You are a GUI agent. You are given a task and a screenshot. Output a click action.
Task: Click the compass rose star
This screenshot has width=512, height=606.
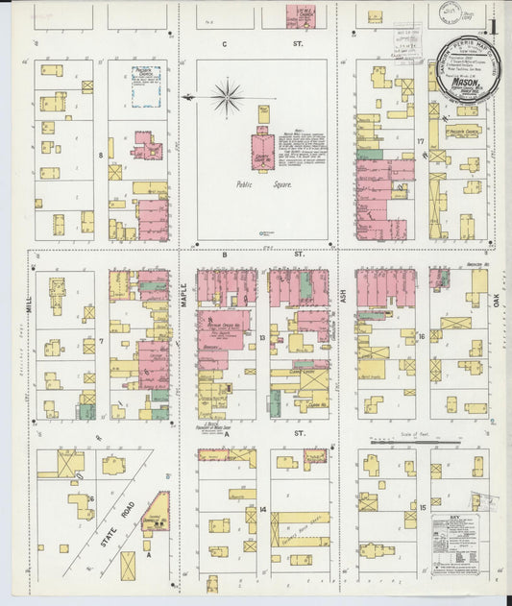pyautogui.click(x=228, y=95)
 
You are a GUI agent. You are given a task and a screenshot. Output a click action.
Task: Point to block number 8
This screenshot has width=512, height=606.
pyautogui.click(x=100, y=154)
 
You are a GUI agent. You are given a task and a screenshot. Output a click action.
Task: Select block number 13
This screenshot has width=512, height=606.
pyautogui.click(x=261, y=338)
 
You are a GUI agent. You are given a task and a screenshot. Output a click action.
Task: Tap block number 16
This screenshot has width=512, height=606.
pyautogui.click(x=421, y=337)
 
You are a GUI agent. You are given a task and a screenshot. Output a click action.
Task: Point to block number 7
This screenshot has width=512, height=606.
pyautogui.click(x=100, y=340)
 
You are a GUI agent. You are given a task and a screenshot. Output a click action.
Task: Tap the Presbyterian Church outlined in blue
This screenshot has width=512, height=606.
pyautogui.click(x=144, y=86)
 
